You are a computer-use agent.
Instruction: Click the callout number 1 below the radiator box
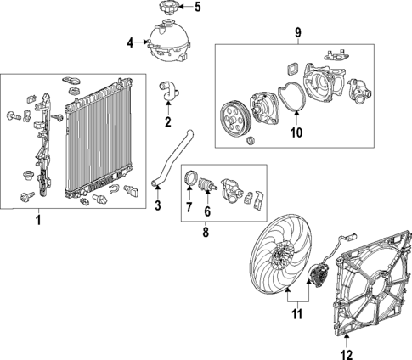pos(37,222)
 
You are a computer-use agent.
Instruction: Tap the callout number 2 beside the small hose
pos(167,121)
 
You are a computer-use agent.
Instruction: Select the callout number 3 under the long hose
pos(157,205)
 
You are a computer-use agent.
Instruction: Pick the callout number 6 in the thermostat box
pos(206,208)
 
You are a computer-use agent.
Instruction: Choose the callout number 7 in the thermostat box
pos(189,208)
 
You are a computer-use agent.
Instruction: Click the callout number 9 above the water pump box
pos(297,33)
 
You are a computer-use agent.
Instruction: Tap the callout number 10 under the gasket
pos(296,132)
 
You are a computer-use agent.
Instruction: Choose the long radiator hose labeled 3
pos(174,158)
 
